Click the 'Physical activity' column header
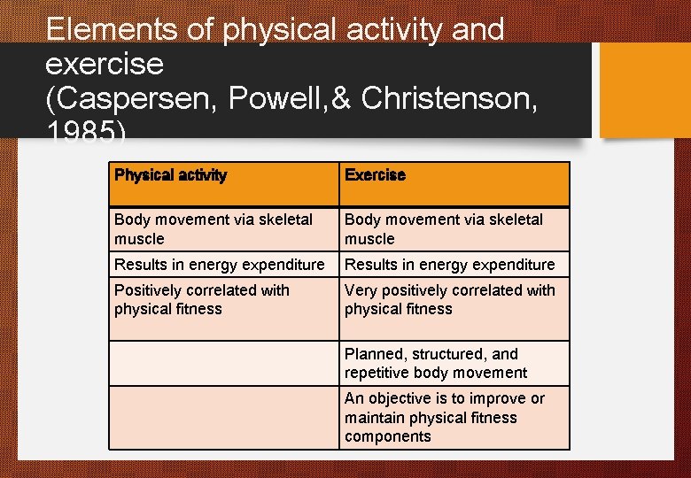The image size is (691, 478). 170,175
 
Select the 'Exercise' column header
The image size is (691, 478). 375,175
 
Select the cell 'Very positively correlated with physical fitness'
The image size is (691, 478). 449,299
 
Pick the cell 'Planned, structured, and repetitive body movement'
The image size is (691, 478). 435,363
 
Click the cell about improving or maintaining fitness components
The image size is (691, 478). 444,417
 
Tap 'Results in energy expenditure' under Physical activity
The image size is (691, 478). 219,264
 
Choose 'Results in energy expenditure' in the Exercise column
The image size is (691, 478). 449,264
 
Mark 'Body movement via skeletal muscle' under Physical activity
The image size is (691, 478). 213,228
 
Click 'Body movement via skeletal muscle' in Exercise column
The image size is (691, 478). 443,228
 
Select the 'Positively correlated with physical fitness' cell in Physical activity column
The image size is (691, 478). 201,299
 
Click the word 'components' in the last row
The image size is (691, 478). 387,436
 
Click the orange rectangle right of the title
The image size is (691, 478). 645,89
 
